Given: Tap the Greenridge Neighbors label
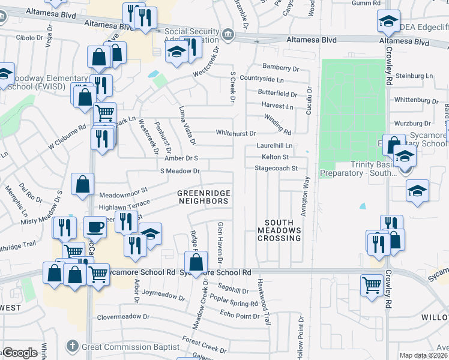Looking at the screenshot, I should pos(202,197).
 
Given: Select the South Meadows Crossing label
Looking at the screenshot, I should pos(279,230).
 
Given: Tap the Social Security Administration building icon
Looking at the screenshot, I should pos(228,35).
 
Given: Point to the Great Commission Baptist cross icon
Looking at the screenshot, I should pos(72,346).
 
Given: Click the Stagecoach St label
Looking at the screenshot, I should pos(276,169).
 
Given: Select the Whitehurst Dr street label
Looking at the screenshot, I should pos(236,133).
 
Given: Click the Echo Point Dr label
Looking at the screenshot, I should pos(240,316).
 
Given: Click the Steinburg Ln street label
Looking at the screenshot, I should pos(413,76).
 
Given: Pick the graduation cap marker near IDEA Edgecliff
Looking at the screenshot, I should pos(388,20).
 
